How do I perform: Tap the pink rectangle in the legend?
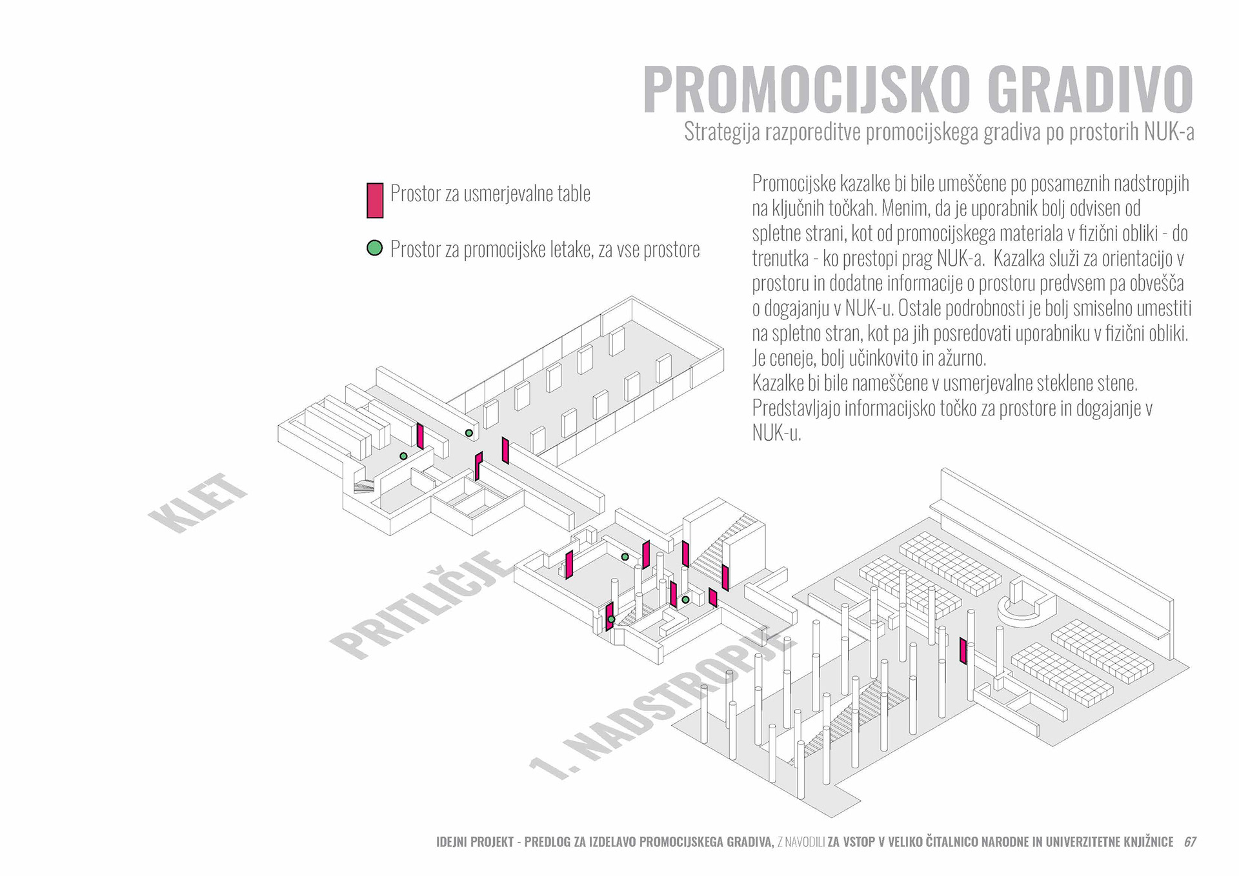375,200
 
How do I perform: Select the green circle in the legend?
374,248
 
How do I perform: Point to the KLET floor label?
196,503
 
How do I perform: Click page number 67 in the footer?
1190,842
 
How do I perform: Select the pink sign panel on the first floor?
963,651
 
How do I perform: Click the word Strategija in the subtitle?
722,132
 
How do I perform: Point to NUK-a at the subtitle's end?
1169,132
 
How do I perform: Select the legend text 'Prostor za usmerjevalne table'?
490,194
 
